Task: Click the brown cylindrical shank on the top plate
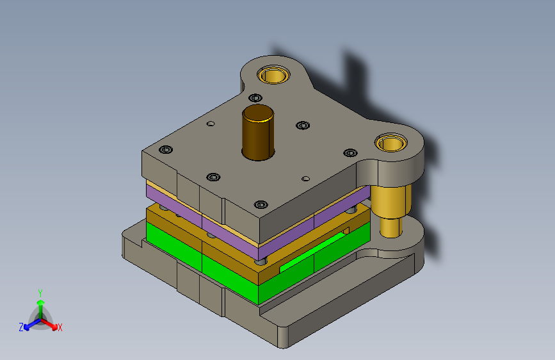point(258,133)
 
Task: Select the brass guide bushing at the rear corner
point(273,75)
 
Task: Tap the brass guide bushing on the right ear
point(391,143)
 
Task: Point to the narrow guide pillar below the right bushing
point(390,227)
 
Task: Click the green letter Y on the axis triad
point(40,293)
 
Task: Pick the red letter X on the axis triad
point(60,328)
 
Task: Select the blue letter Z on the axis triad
point(21,327)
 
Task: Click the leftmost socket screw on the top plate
point(166,149)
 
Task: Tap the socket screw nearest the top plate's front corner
point(261,204)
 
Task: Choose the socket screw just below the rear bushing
point(255,98)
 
